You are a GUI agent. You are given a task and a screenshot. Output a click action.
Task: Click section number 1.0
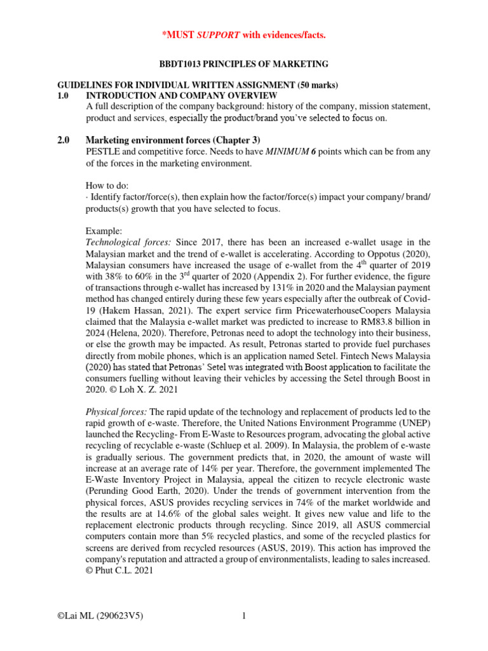click(x=65, y=95)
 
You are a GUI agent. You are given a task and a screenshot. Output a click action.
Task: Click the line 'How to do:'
click(x=107, y=186)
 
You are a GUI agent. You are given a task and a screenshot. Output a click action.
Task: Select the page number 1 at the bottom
click(x=243, y=615)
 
